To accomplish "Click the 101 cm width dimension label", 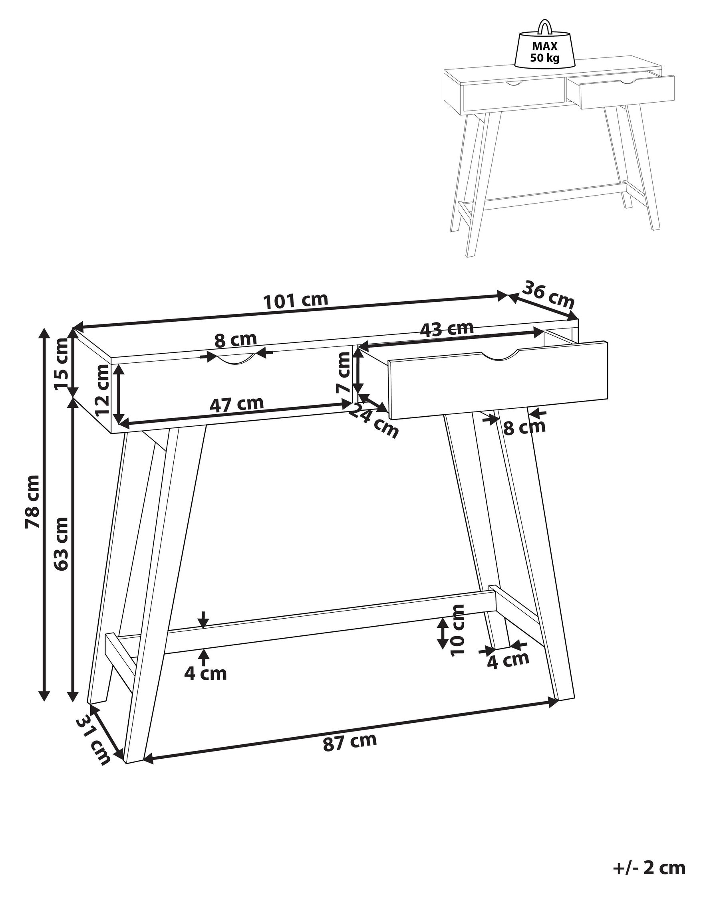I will point(296,300).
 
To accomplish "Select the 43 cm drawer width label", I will point(447,328).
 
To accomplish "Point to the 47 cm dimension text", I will point(236,404).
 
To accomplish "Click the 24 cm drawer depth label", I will point(373,421).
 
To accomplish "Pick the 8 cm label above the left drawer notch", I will point(236,340).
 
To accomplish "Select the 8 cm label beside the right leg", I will point(524,427).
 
